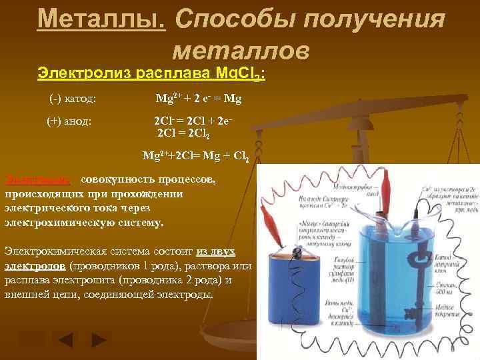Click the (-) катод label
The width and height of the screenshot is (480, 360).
point(73,99)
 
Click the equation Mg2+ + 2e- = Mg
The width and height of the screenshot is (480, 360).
point(198,99)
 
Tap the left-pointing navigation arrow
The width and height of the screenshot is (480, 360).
point(65,341)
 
